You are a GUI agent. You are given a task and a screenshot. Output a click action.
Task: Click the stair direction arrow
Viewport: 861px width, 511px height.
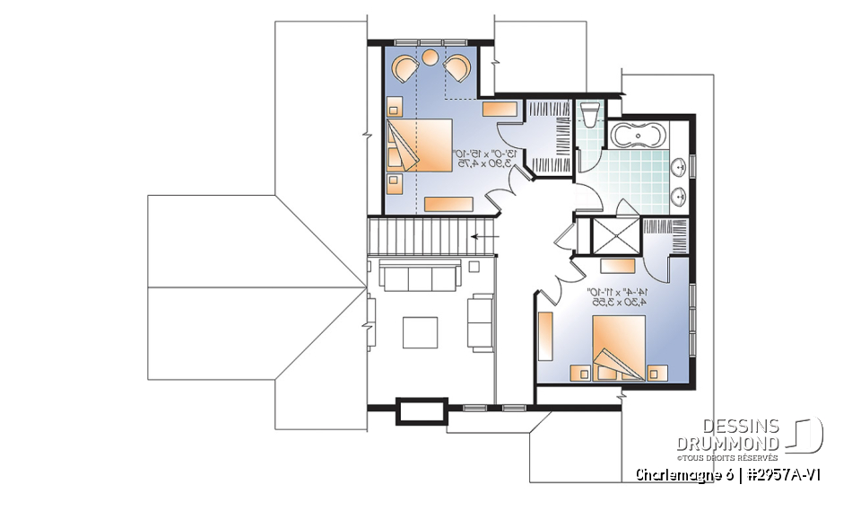(x=487, y=238)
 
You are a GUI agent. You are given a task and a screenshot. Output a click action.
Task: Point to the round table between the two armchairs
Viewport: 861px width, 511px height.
(x=430, y=58)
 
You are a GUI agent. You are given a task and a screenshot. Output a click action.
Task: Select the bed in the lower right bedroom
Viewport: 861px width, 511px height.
(x=619, y=345)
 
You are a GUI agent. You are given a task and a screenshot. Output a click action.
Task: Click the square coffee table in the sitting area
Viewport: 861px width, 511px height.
(x=420, y=332)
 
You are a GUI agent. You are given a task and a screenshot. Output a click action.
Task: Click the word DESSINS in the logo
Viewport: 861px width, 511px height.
(x=741, y=427)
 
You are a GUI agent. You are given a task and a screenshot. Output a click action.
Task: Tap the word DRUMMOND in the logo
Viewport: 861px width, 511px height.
(x=727, y=443)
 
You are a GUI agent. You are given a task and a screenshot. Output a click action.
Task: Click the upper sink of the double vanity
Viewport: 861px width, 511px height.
(x=680, y=165)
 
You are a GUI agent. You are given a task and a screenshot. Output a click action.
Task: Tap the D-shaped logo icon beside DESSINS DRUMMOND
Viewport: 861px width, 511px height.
(x=804, y=435)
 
